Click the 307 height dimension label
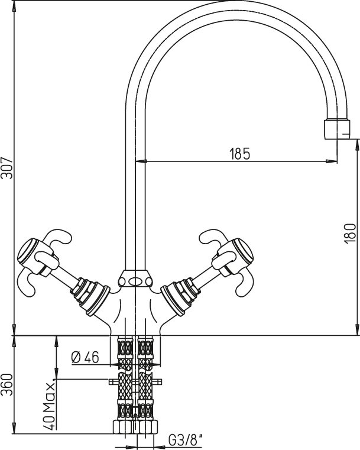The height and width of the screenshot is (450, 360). click(7, 168)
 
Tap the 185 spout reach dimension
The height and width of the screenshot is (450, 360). click(240, 154)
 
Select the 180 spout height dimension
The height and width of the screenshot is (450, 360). click(349, 234)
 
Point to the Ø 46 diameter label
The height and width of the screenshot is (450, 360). click(85, 358)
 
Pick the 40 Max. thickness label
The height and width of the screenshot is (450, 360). click(48, 406)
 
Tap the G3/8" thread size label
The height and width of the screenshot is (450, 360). click(185, 441)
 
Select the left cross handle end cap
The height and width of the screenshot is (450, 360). click(27, 251)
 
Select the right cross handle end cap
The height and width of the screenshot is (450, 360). click(244, 250)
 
